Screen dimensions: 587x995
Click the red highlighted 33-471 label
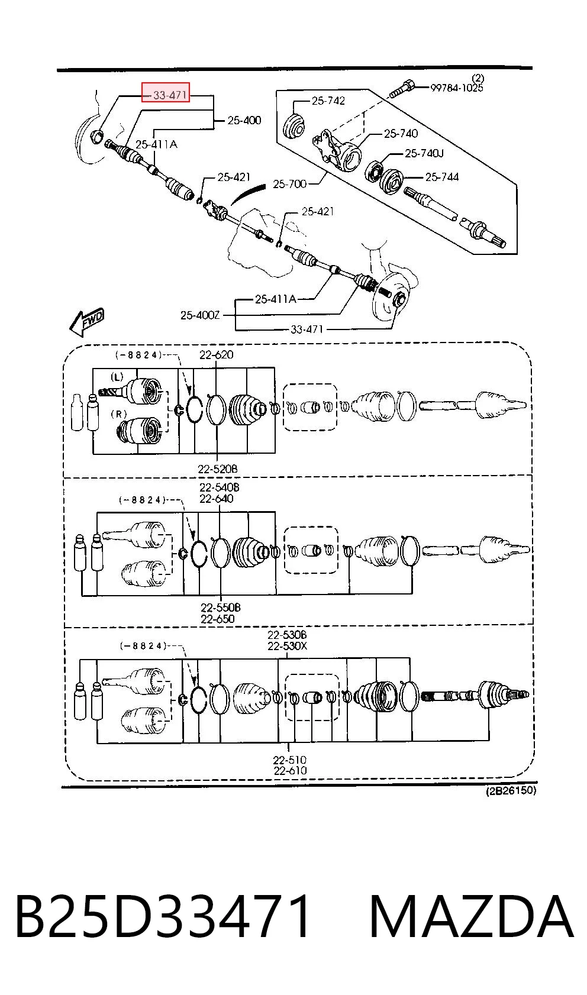pos(166,92)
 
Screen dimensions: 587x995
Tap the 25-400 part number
pos(244,120)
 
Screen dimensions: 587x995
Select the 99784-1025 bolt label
pos(457,88)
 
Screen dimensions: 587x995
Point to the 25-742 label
pos(328,101)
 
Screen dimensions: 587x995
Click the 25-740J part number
pos(424,153)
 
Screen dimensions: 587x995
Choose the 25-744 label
pos(441,177)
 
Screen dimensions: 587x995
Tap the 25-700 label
pos(290,183)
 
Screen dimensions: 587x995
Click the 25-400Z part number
pos(200,315)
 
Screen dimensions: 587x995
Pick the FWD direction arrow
pos(87,322)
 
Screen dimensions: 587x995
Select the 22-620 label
pos(217,354)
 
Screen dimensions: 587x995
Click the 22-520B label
pos(218,469)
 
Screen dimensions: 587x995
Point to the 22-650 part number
pos(217,619)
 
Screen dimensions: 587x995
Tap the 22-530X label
pos(287,646)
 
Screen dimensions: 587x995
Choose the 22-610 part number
pos(290,771)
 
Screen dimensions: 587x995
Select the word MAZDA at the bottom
pos(471,916)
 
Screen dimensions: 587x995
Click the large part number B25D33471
pos(163,916)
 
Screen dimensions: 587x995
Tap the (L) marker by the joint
pos(117,377)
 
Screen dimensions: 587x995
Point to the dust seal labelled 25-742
pos(293,126)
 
